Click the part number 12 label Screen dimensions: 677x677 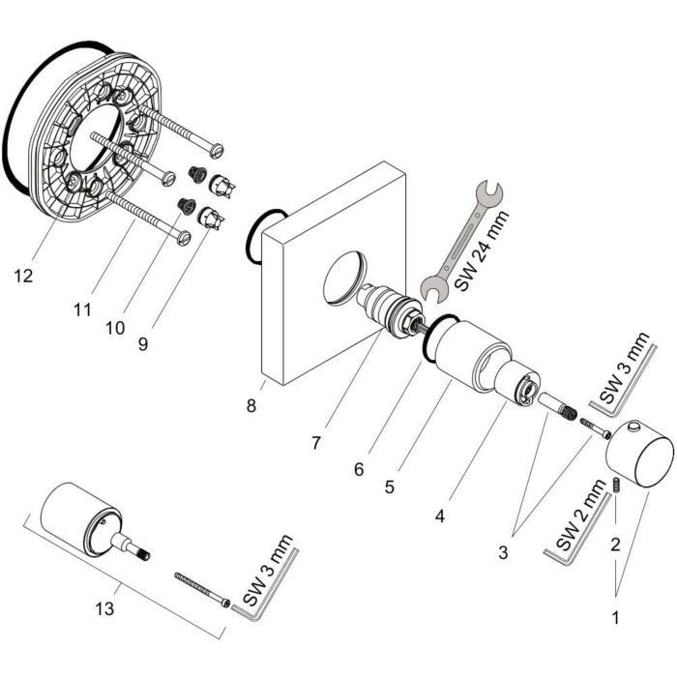point(24,276)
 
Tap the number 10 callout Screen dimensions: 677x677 point(115,327)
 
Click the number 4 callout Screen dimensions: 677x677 point(439,516)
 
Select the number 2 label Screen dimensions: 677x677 point(614,545)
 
